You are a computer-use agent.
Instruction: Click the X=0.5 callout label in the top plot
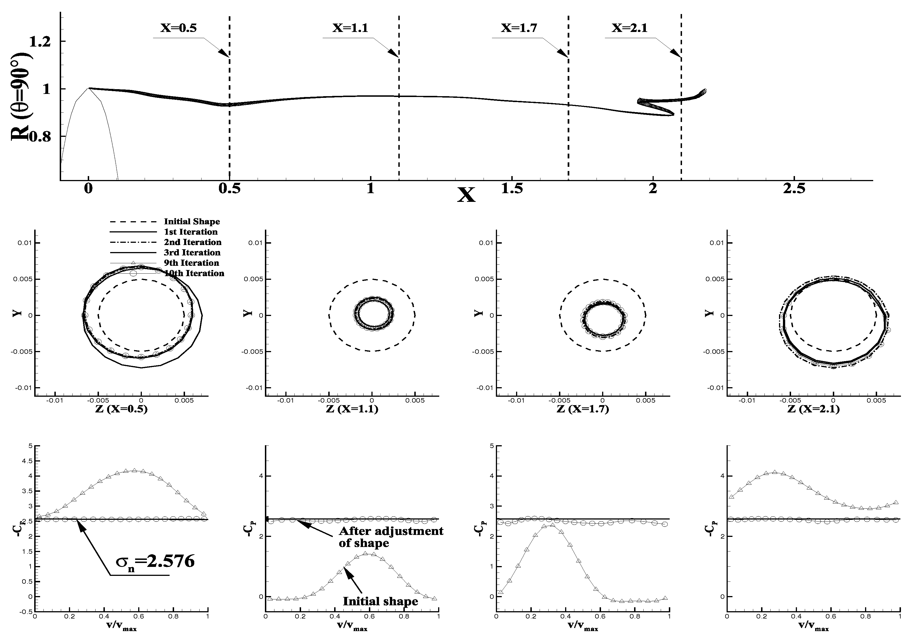click(179, 28)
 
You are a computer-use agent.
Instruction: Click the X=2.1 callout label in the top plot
click(630, 28)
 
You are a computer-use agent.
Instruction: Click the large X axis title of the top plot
click(466, 195)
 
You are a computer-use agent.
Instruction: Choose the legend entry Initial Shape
click(192, 221)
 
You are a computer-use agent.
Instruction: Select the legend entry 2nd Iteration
click(193, 242)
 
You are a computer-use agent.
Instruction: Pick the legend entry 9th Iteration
click(191, 263)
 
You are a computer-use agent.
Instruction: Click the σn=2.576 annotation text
click(155, 561)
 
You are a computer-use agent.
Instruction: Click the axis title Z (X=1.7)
click(583, 409)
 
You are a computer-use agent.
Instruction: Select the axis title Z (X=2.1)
click(813, 409)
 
